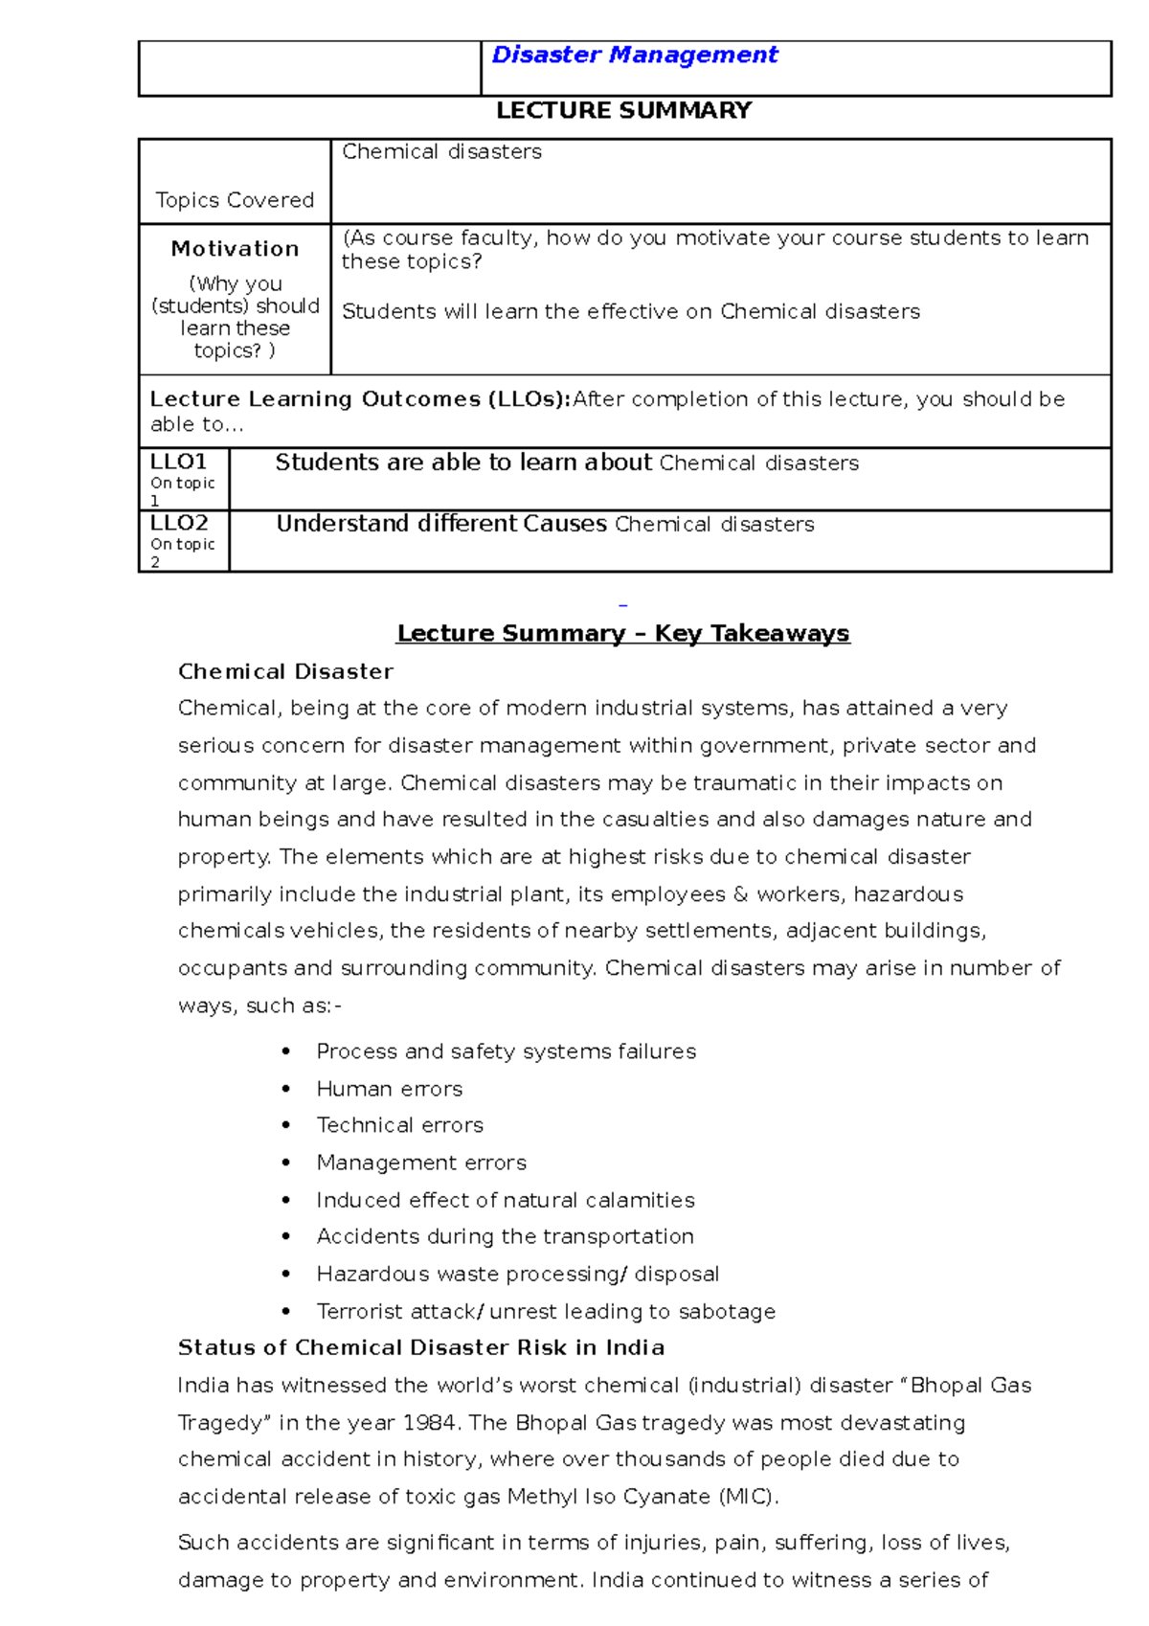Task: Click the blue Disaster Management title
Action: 634,56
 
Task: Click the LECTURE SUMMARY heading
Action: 623,111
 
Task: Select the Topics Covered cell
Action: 235,200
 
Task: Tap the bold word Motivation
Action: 235,249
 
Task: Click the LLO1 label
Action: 178,462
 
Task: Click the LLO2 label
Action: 179,523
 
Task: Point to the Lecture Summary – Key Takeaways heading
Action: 623,633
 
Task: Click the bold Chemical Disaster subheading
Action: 285,671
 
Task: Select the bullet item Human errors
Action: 389,1089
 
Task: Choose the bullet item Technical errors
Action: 399,1125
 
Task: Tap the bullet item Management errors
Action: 421,1163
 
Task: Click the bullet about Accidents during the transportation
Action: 505,1236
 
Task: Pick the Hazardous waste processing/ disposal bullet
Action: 517,1274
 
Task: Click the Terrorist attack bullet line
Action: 546,1311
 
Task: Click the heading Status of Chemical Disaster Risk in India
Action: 421,1347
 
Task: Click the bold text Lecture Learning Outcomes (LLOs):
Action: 360,399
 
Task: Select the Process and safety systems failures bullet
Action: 506,1051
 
